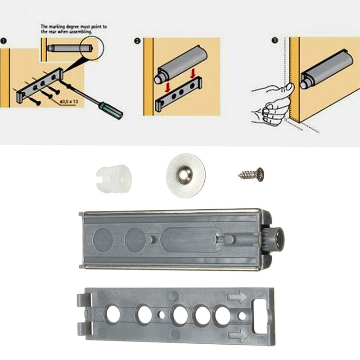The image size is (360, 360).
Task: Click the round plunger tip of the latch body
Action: pyautogui.click(x=278, y=239)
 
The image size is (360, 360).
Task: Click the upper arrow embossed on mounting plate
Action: pyautogui.click(x=237, y=297)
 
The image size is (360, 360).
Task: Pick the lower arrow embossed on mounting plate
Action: pyautogui.click(x=237, y=335)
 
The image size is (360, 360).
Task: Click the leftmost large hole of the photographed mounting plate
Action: pyautogui.click(x=112, y=314)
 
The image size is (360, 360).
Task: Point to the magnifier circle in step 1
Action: pyautogui.click(x=85, y=47)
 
